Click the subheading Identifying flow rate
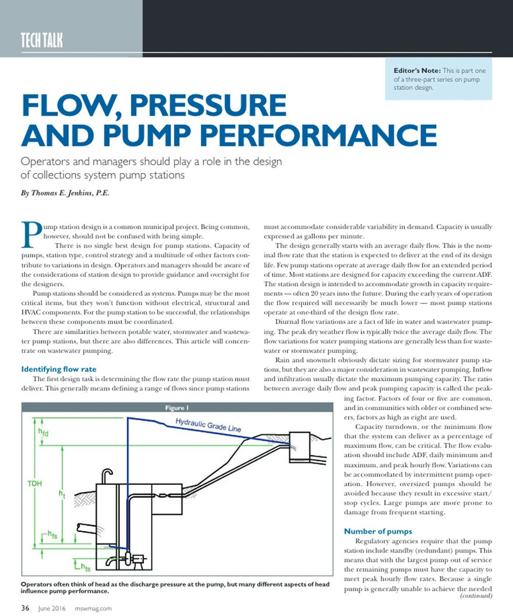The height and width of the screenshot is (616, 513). tap(58, 369)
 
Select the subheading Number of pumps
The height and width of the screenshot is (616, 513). tap(378, 531)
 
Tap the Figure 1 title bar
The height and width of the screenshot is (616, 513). tap(177, 408)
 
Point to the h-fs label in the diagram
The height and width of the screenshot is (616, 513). tap(50, 536)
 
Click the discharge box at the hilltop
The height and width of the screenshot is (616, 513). tap(300, 440)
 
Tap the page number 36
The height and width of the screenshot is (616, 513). tap(25, 608)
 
